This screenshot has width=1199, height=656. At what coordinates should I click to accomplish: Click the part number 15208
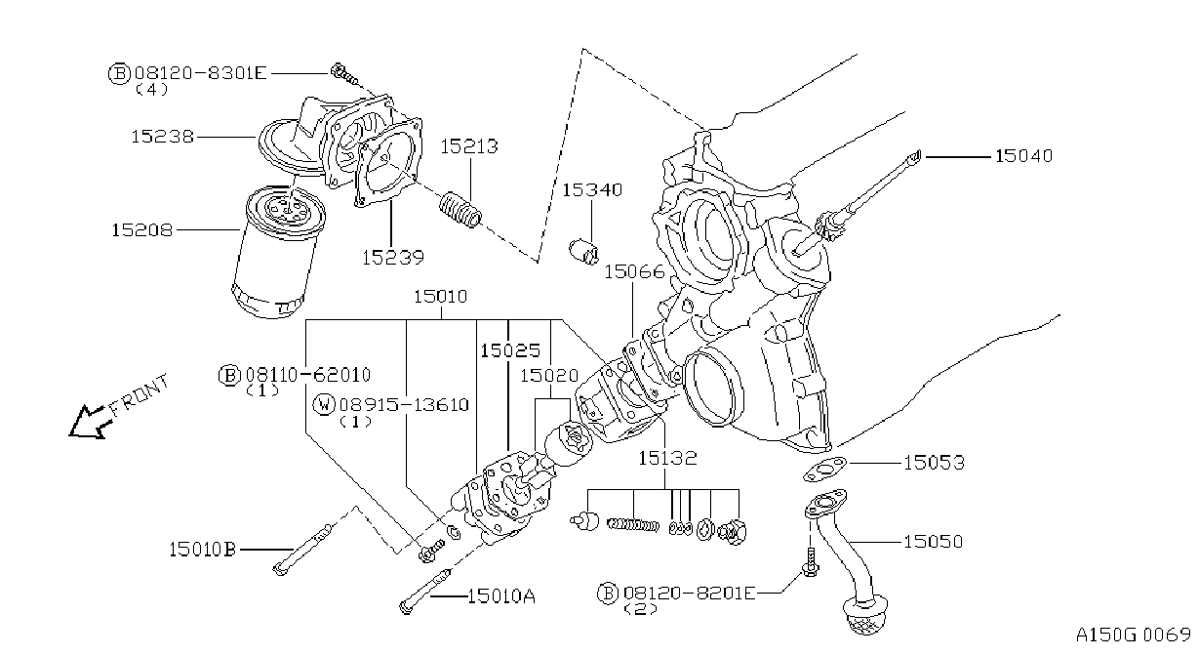coord(141,230)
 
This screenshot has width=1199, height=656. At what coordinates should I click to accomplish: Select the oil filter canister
coord(277,252)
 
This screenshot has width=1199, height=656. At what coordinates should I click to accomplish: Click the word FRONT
coord(140,394)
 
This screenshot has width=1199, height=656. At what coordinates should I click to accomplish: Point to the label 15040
coord(1024,156)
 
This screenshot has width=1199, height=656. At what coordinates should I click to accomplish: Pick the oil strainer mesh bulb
coord(866,618)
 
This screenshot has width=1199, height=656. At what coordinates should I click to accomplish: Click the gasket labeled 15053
coord(824,470)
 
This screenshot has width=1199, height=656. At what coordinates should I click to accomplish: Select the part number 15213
coord(469,146)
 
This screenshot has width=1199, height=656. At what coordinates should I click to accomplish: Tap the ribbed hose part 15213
coord(460,210)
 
